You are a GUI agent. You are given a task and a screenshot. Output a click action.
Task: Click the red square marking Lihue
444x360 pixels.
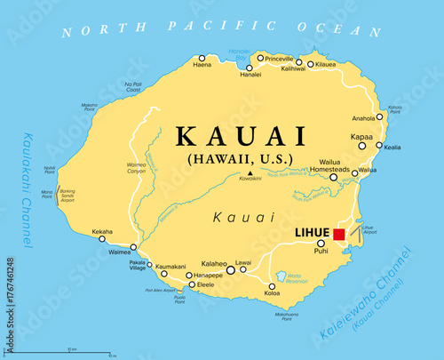[338, 234]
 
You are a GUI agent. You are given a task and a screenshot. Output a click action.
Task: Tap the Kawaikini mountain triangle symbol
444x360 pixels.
[251, 173]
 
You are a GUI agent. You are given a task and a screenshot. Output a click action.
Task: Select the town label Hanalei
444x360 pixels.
[250, 74]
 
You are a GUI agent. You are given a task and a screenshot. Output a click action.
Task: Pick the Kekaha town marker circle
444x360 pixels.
[103, 238]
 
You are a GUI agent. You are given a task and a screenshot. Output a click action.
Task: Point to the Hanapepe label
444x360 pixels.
[207, 276]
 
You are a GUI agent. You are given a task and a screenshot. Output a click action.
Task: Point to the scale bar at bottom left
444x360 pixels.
[59, 351]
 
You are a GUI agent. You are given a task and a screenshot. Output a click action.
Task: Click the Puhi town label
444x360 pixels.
[321, 252]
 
